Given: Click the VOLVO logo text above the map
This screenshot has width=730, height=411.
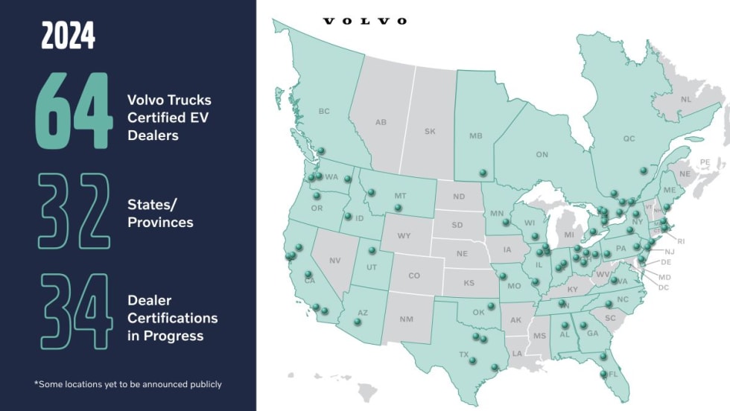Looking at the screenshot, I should click(365, 21).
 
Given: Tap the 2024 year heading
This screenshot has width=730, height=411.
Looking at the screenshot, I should click(69, 36).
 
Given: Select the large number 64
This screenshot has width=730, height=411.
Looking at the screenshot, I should click(74, 109).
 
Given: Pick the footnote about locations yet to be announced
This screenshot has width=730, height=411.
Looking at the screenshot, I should click(127, 384).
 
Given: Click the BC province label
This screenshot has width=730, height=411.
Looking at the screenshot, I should click(323, 112).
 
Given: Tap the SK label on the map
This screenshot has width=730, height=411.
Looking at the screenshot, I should click(430, 131).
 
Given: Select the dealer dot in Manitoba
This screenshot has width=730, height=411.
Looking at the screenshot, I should click(483, 173).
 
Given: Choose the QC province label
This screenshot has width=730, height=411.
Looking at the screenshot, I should click(629, 138).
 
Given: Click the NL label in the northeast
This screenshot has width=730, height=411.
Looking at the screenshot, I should click(685, 98).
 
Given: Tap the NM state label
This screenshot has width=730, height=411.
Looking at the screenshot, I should click(406, 319).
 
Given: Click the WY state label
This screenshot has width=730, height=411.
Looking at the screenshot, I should click(404, 236).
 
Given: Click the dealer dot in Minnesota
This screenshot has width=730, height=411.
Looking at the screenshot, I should click(506, 221).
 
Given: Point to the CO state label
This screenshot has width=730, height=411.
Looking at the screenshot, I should click(414, 275).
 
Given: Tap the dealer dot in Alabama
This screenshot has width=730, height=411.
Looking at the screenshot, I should click(562, 325).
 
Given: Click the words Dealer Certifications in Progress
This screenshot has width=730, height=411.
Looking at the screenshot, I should click(172, 318).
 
